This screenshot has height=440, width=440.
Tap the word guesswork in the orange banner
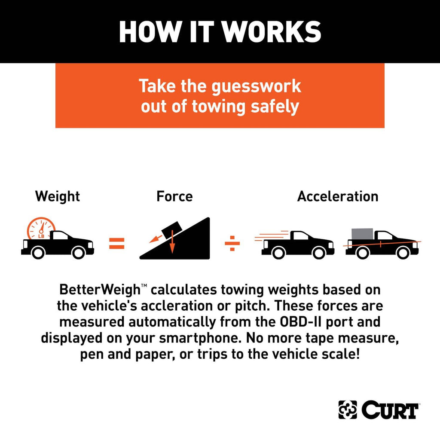256,87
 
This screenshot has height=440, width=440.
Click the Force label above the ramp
174,196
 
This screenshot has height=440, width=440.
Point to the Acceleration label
338,196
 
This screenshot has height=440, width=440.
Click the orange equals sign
117,243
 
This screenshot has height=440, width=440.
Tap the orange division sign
232,243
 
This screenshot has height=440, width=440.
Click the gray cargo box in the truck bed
362,234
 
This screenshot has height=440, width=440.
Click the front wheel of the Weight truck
79,253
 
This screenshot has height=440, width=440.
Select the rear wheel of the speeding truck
278,253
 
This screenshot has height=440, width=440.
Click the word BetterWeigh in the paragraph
100,290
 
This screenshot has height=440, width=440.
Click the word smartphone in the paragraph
200,338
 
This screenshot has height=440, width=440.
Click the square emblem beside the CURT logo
348,409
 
